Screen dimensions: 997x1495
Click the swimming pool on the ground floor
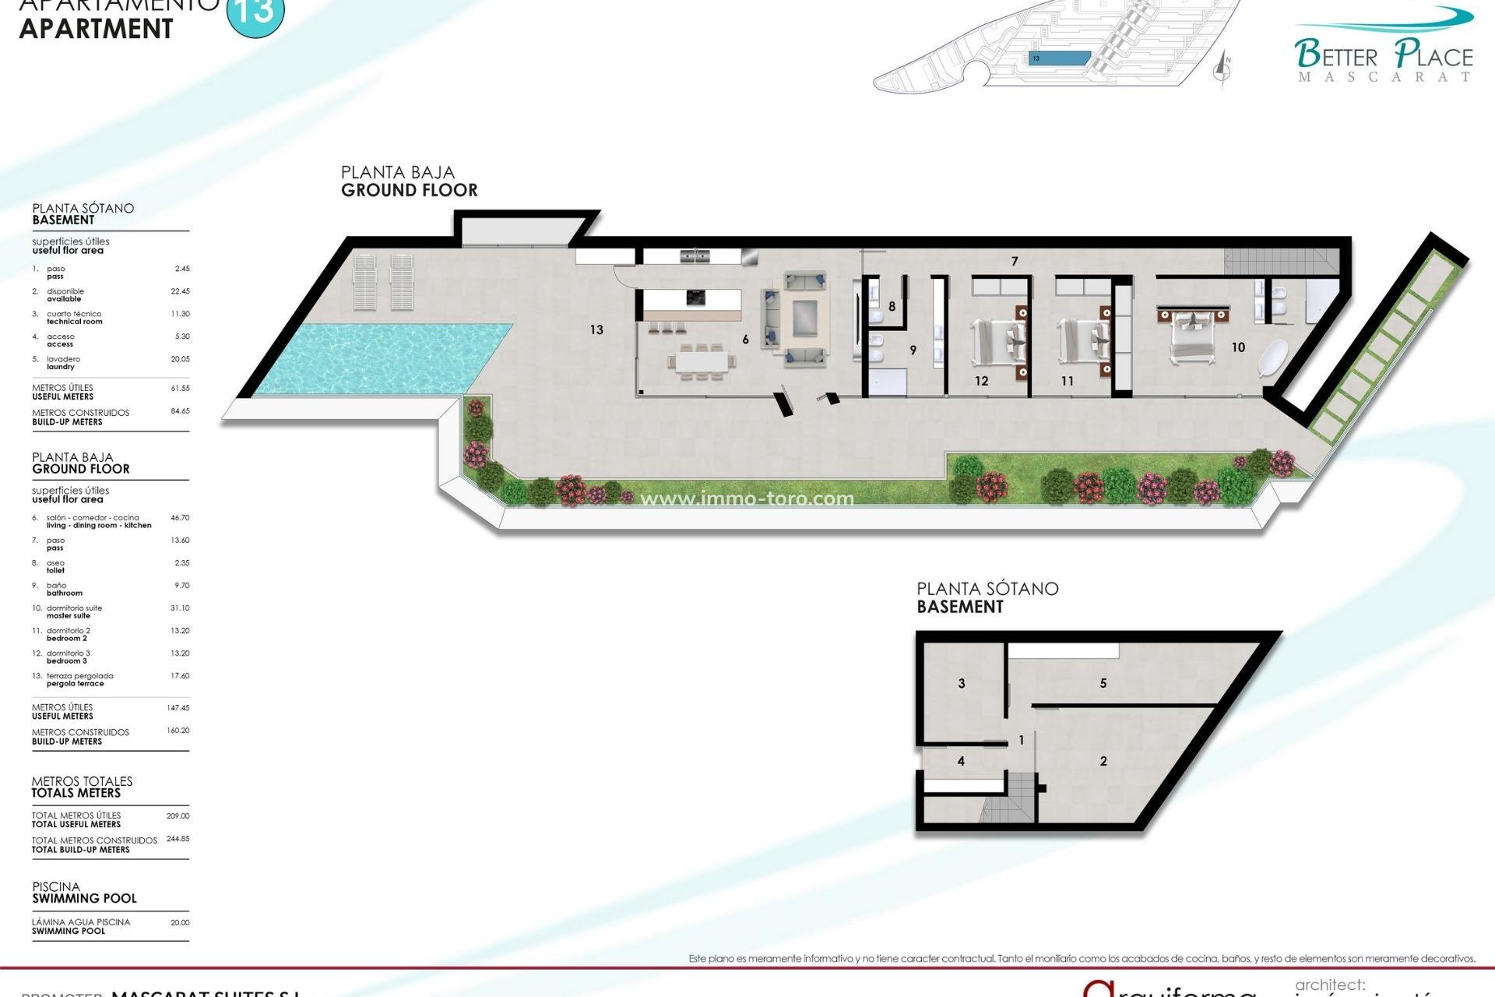(x=382, y=358)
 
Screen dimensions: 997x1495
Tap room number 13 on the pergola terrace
(x=596, y=330)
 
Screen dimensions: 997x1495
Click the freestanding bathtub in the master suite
(x=1272, y=359)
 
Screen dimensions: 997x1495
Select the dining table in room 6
(x=701, y=361)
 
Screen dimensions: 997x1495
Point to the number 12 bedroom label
(x=981, y=381)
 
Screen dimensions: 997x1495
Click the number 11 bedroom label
(x=1067, y=381)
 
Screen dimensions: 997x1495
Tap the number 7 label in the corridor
(x=1014, y=262)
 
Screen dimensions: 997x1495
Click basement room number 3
(x=961, y=684)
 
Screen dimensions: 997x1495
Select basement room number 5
(x=1103, y=684)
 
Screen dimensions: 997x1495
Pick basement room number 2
(x=1103, y=762)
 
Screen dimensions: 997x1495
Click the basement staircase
(x=1008, y=798)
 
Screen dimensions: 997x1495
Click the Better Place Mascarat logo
(x=1383, y=47)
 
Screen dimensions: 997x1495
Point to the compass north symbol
(x=1222, y=69)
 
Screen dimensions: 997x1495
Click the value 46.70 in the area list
(x=180, y=518)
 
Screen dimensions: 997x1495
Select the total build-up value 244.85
(x=178, y=840)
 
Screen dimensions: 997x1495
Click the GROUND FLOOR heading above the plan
(x=409, y=190)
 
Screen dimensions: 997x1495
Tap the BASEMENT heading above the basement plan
(x=960, y=607)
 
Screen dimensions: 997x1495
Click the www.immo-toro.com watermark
(x=747, y=498)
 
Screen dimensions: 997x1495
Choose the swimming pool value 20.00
(x=180, y=923)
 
